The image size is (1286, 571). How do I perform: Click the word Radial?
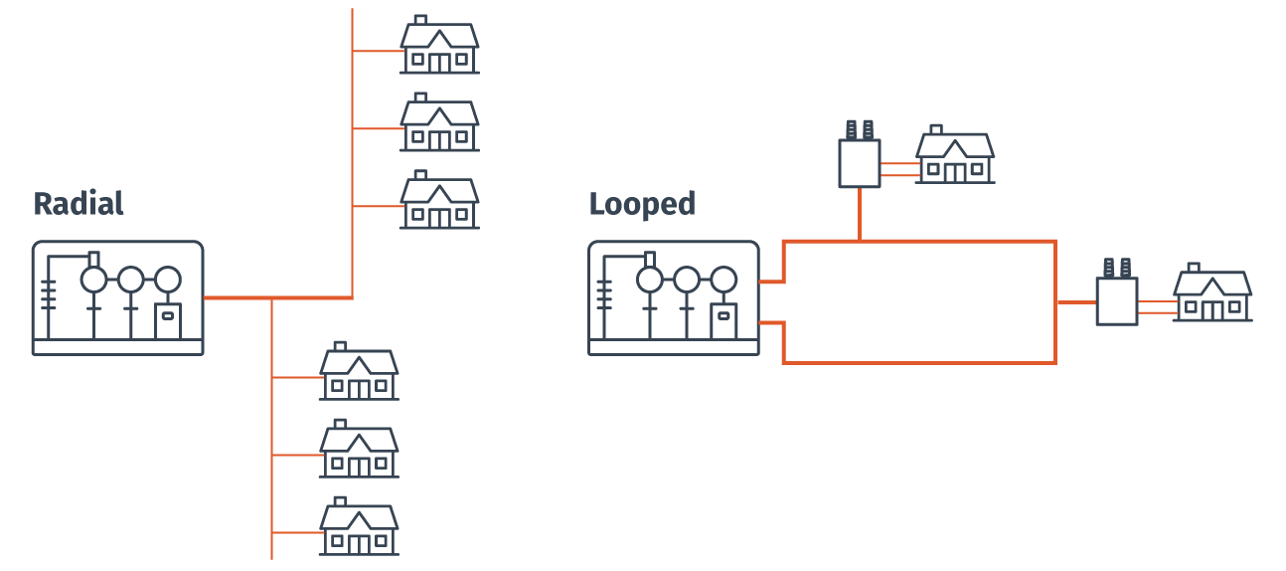tap(79, 204)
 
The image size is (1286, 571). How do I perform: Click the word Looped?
tap(642, 204)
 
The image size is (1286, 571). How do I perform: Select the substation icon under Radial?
tap(117, 297)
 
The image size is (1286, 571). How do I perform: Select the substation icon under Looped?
tap(673, 297)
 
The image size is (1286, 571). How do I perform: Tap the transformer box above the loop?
tap(860, 163)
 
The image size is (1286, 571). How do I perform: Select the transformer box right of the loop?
tap(1117, 300)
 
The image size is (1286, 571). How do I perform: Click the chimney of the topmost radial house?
tap(420, 19)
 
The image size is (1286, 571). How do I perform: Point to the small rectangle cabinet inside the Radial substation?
tap(168, 316)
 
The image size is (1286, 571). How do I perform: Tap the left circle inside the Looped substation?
tap(649, 279)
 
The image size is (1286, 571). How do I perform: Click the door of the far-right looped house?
tap(1211, 309)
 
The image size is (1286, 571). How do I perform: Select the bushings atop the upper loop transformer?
tap(860, 129)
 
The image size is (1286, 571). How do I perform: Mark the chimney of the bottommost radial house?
tap(340, 500)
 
